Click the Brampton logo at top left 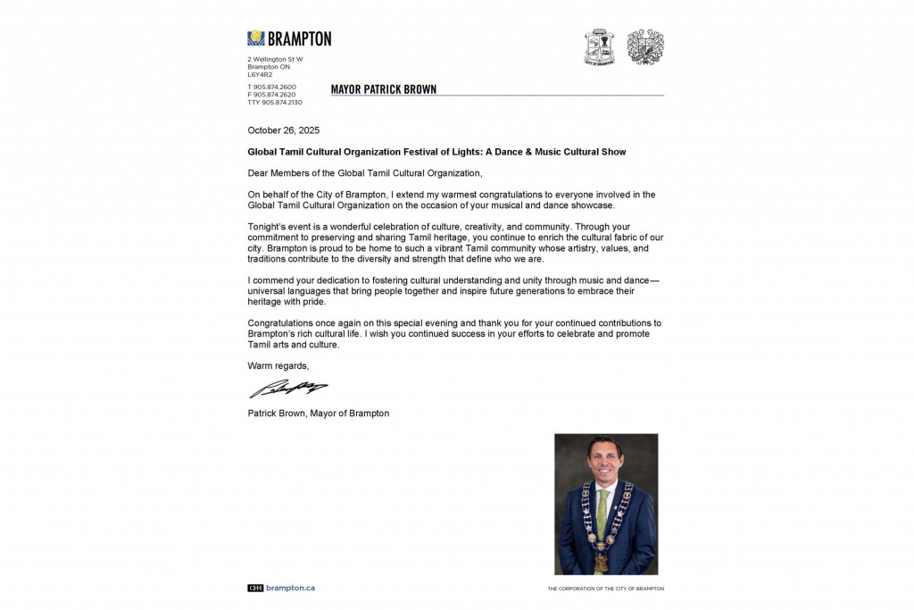coord(288,38)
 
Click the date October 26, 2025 coord(283,130)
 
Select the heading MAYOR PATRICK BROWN coord(384,89)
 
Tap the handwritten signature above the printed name coord(287,389)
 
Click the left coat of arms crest coord(599,46)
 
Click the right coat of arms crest coord(645,46)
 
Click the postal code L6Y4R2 coord(260,74)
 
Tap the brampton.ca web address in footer coord(290,588)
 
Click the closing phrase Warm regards coord(278,365)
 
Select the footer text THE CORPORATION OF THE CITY coord(605,589)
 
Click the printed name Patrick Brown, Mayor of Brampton coord(319,414)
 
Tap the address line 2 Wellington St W coord(275,59)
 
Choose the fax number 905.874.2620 coord(275,95)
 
